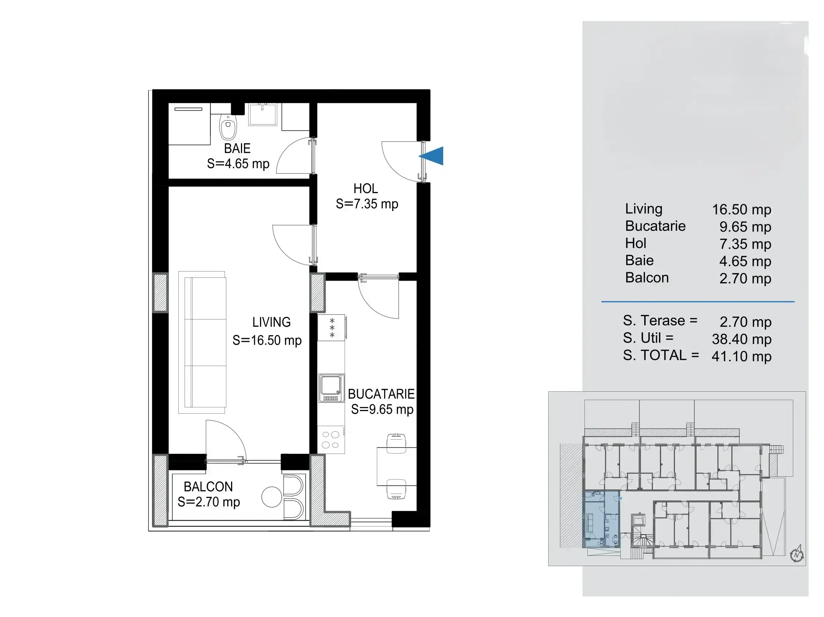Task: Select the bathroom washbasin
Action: [263, 114]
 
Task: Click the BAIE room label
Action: [237, 149]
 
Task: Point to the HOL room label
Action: [366, 189]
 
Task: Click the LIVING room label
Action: [271, 322]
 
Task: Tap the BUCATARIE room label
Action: [381, 394]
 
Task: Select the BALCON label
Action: [208, 487]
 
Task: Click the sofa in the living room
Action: [202, 343]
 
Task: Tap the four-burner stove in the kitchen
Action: [331, 440]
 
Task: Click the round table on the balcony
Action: [272, 497]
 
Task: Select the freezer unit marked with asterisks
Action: [331, 328]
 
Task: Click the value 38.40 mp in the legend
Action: [741, 339]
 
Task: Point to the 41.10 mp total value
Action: [741, 356]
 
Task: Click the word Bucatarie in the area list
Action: [655, 226]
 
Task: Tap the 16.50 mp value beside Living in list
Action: [741, 210]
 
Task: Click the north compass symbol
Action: [797, 555]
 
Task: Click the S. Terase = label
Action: [660, 321]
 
